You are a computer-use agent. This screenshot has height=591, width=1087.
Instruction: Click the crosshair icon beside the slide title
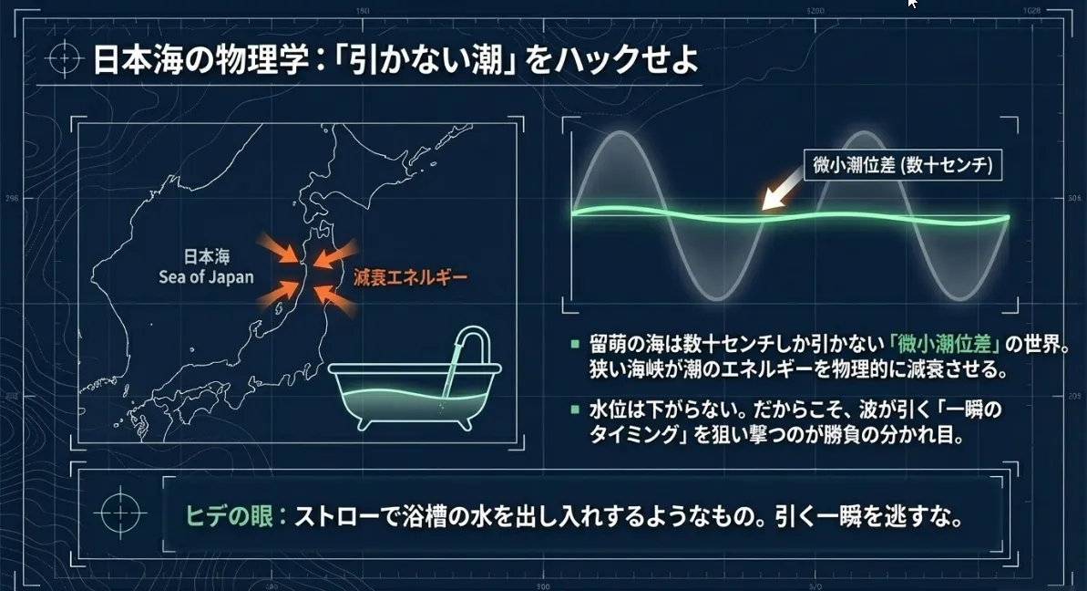click(x=65, y=58)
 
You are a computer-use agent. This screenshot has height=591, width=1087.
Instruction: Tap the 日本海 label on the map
click(x=206, y=256)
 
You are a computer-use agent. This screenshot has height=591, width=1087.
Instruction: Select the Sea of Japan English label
click(x=206, y=277)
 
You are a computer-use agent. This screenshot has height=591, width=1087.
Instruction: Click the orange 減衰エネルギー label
click(x=410, y=277)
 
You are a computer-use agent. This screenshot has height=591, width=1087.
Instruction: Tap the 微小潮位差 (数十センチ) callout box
click(x=903, y=165)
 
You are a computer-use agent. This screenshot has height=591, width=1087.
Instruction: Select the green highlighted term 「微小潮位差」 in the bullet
click(x=945, y=344)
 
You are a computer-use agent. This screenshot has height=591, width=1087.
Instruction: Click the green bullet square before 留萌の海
click(x=575, y=344)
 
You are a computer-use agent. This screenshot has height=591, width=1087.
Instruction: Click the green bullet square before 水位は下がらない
click(x=575, y=410)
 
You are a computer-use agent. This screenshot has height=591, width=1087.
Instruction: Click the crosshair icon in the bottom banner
click(x=120, y=513)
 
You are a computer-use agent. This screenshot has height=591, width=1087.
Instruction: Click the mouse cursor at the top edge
click(x=912, y=4)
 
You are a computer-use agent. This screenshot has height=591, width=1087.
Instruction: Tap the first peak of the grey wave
click(x=620, y=132)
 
